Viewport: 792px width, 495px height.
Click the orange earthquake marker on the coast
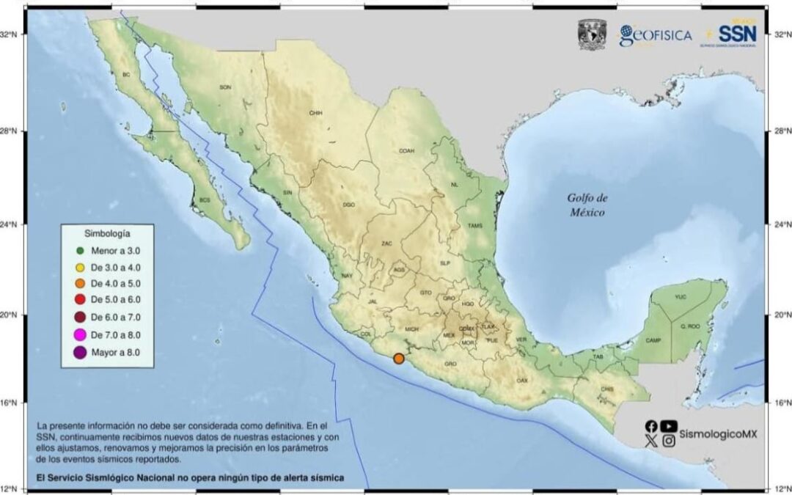(x=399, y=359)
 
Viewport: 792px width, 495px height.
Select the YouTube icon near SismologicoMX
(x=668, y=426)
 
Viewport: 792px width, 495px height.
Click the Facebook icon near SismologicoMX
(x=651, y=426)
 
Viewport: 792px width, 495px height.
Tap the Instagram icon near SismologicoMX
(x=668, y=441)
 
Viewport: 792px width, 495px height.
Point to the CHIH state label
(x=316, y=113)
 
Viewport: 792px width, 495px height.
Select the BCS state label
(x=205, y=200)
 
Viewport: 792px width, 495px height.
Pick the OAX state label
(x=522, y=381)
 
